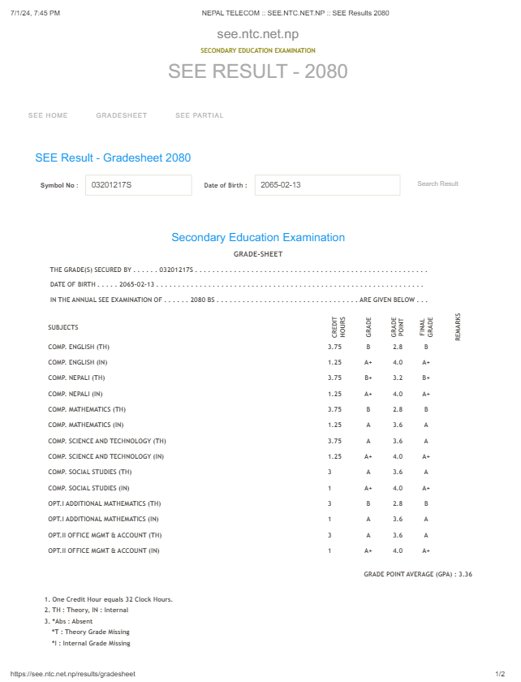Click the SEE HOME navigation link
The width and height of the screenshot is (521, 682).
click(x=48, y=115)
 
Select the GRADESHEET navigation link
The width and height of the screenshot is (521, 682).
click(x=122, y=115)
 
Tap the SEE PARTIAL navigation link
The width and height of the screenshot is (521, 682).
click(x=199, y=115)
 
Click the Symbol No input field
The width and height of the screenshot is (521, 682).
click(x=138, y=185)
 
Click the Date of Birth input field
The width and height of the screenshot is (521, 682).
click(x=327, y=185)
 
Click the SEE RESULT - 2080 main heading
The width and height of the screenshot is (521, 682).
click(x=258, y=71)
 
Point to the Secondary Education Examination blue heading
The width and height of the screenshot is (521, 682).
click(x=258, y=238)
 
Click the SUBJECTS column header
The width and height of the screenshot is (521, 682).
click(x=63, y=327)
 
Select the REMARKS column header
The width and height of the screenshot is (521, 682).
click(x=458, y=326)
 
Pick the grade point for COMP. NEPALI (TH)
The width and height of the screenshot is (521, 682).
click(x=398, y=378)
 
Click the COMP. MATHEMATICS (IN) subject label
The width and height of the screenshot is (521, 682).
click(x=86, y=425)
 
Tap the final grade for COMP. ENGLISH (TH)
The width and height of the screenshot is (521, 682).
click(x=426, y=347)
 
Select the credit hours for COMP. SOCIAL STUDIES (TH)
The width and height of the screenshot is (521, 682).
click(x=329, y=472)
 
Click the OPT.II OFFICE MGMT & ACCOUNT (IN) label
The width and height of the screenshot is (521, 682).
click(x=104, y=550)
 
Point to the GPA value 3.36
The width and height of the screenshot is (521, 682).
click(x=465, y=574)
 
